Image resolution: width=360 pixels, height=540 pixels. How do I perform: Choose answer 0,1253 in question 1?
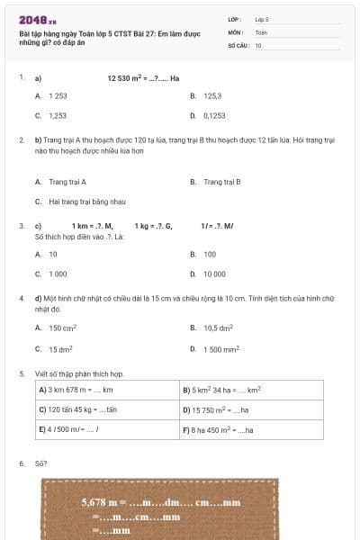[x=214, y=116]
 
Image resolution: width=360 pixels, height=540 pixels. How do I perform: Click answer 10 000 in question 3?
[x=214, y=274]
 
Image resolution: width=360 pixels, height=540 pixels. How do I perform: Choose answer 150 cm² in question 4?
[x=62, y=328]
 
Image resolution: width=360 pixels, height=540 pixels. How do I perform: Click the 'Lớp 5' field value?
[x=262, y=19]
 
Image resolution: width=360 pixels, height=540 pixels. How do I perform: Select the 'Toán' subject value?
[x=261, y=31]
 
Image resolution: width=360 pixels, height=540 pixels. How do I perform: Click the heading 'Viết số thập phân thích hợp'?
[x=76, y=373]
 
